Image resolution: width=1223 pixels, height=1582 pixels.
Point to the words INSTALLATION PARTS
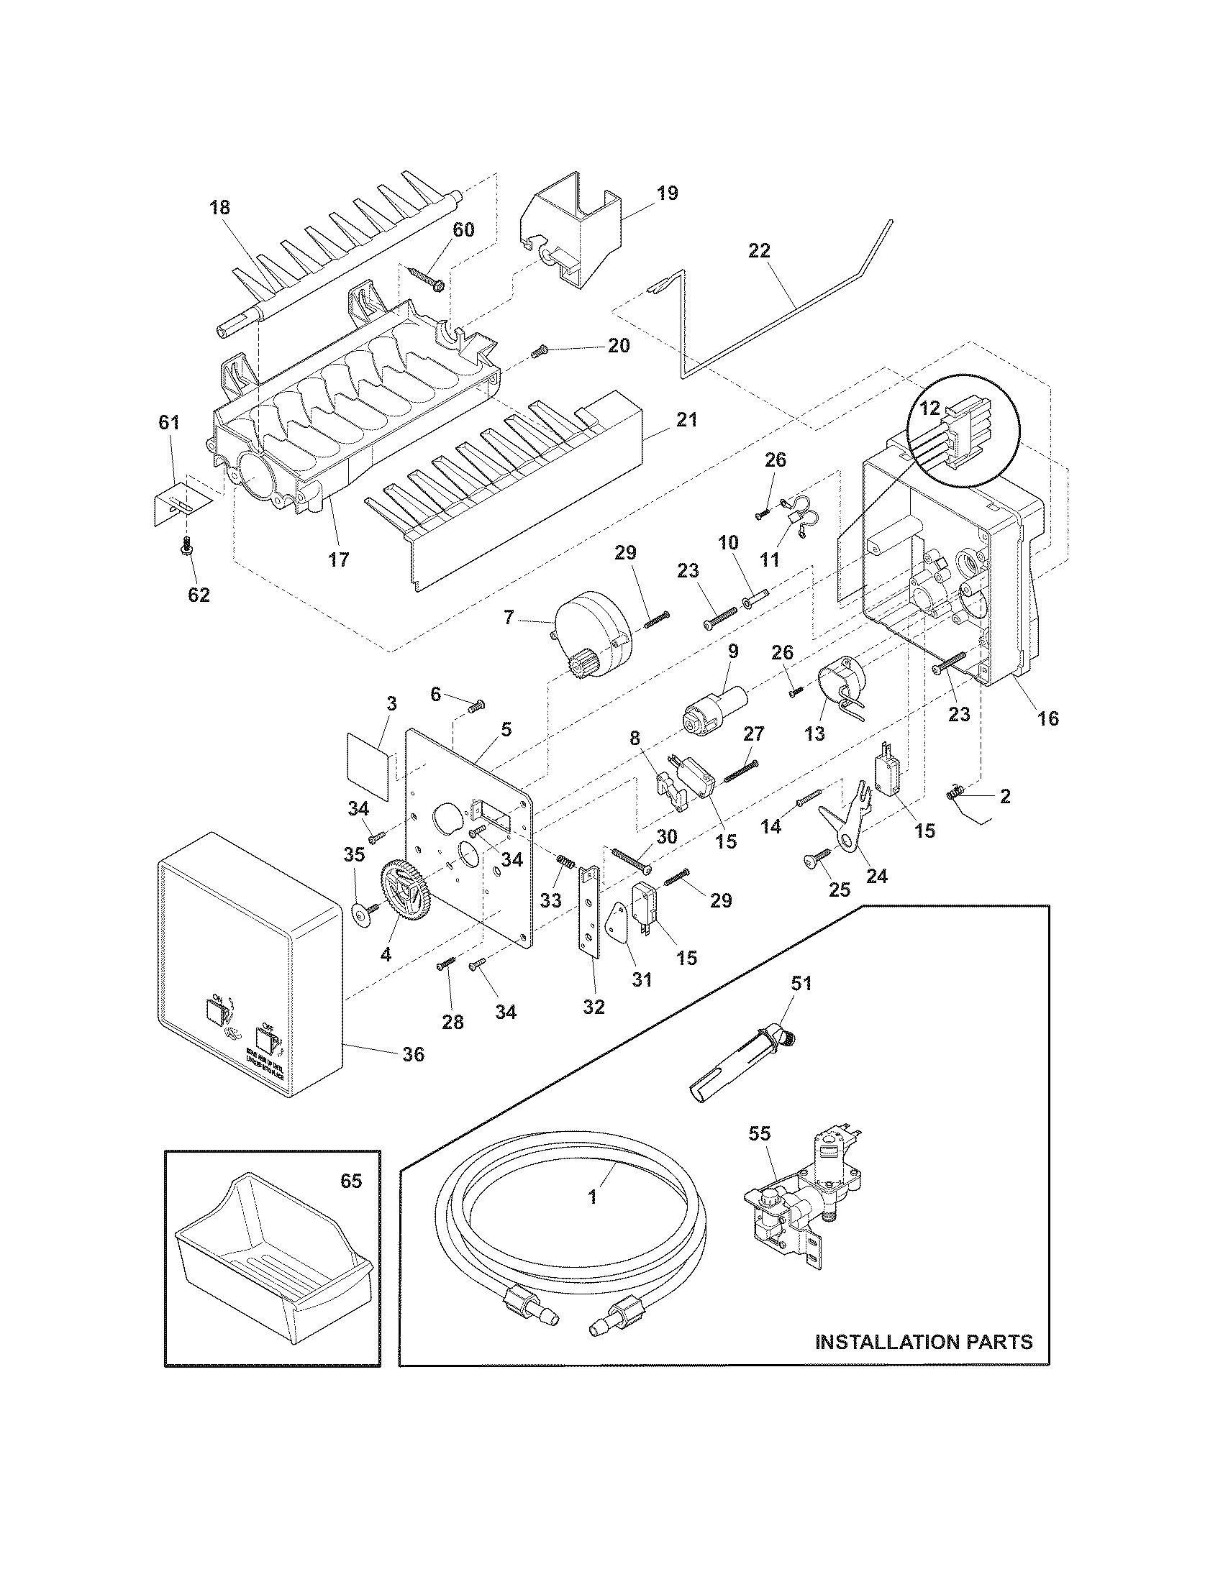point(924,1343)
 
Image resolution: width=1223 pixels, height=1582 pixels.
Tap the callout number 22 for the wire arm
point(760,251)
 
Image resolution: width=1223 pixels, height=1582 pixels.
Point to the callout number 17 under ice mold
point(338,559)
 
